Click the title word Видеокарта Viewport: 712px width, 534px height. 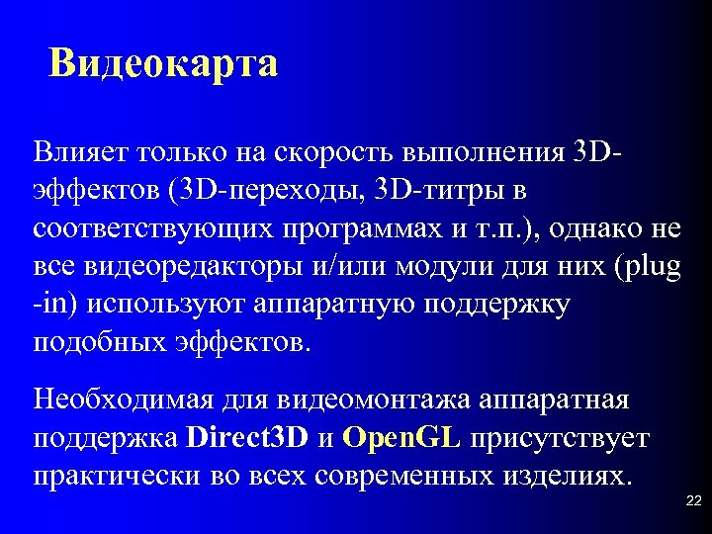click(164, 64)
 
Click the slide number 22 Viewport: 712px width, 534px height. click(692, 502)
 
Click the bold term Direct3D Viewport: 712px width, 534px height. click(246, 438)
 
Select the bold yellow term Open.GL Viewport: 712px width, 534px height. click(404, 438)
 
